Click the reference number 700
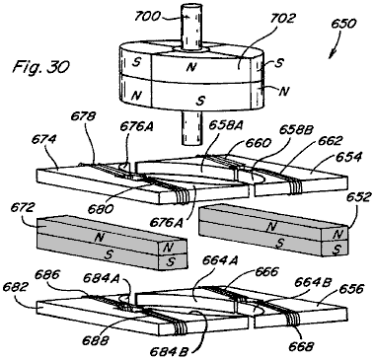coord(148,16)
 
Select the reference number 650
coord(343,24)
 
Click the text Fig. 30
coord(40,67)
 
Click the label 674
coord(43,139)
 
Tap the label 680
coord(101,209)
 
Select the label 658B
coord(294,130)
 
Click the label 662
coord(330,141)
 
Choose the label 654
coord(348,157)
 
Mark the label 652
coord(359,198)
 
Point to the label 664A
coord(219,260)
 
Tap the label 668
coord(301,346)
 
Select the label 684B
coord(169,352)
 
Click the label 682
coord(15,287)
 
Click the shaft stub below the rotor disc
coord(191,127)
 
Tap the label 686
coord(47,274)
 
